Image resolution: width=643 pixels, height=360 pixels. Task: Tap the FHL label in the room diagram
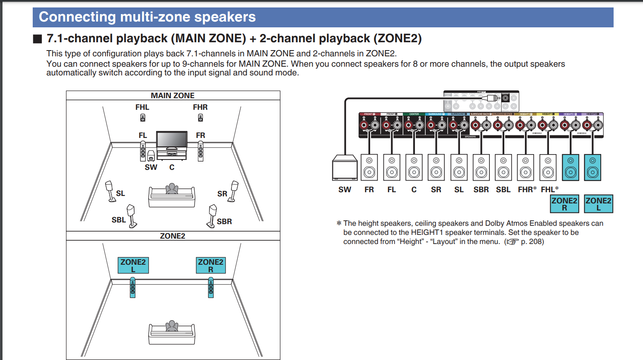[142, 107]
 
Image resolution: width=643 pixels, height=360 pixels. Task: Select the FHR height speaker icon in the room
[200, 118]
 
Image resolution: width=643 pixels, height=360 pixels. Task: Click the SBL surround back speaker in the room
[132, 215]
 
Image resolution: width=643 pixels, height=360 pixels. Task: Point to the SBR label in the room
[224, 222]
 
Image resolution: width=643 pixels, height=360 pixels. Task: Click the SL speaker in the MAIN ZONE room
[110, 191]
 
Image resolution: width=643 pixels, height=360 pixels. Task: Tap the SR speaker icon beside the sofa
[234, 191]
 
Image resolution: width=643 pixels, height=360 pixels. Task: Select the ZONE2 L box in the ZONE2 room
[133, 265]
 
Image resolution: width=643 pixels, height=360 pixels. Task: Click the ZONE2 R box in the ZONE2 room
[211, 265]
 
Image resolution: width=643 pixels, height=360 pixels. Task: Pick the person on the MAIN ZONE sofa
[172, 189]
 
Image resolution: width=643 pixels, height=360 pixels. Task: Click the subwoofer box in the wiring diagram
[344, 168]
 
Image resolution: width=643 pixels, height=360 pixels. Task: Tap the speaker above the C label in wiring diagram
[414, 168]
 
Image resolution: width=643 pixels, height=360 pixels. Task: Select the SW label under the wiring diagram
[344, 190]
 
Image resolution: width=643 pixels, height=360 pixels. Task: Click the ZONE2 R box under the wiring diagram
[564, 204]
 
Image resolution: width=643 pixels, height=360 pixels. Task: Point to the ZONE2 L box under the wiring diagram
[598, 204]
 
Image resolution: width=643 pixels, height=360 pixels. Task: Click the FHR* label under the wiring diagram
[527, 190]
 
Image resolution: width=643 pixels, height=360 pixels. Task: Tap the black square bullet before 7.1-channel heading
[38, 39]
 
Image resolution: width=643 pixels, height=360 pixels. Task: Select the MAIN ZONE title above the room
[173, 95]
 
